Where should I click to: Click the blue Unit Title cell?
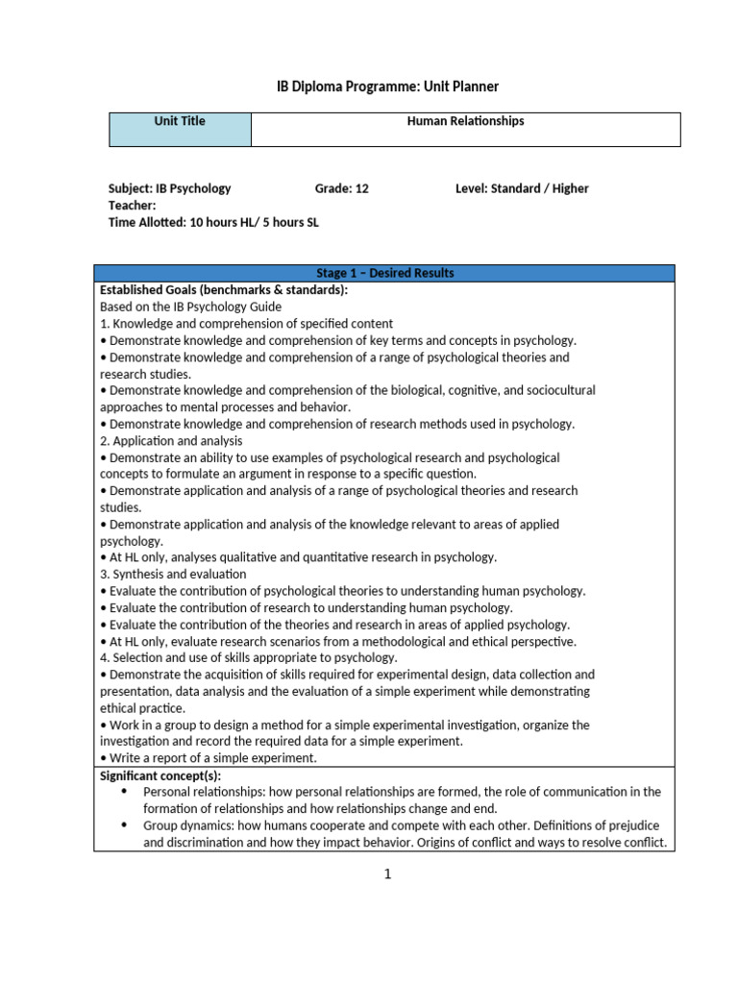coord(180,129)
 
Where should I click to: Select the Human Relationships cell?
coord(465,129)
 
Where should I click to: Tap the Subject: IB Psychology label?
coord(169,188)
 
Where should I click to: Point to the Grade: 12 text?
coord(341,188)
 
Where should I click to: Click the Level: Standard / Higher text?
coord(522,188)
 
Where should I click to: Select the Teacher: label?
coord(133,206)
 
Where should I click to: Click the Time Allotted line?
coord(213,222)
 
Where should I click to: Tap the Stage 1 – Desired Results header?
coord(384,274)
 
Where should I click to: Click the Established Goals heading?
coord(224,290)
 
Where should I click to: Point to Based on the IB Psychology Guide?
coord(190,307)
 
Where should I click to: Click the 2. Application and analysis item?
coord(171,441)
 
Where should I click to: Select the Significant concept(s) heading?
coord(160,775)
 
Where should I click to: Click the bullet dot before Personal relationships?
coord(124,792)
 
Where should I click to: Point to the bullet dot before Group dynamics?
coord(124,825)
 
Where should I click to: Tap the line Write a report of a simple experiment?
coord(209,758)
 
